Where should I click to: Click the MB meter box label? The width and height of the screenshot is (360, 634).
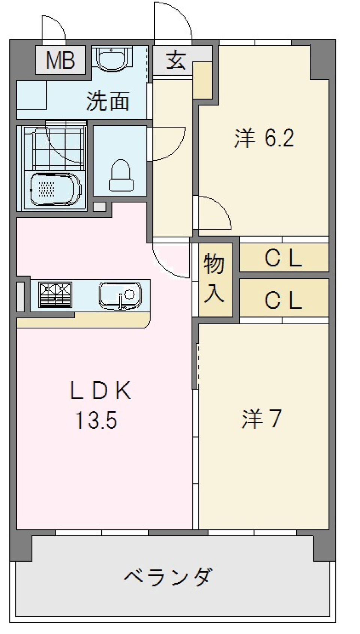click(60, 60)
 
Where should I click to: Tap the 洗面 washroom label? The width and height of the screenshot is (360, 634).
click(108, 101)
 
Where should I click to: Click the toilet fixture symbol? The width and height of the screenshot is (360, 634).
click(121, 175)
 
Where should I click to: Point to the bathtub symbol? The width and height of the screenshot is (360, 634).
click(55, 189)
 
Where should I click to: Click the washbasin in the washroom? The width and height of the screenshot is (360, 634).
click(111, 58)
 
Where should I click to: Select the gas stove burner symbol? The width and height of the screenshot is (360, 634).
click(55, 295)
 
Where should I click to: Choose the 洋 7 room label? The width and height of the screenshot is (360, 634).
click(261, 418)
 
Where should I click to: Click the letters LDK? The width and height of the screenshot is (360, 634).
click(100, 391)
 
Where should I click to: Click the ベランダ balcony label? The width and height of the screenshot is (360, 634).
click(168, 577)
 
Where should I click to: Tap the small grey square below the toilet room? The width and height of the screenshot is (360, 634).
click(99, 207)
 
